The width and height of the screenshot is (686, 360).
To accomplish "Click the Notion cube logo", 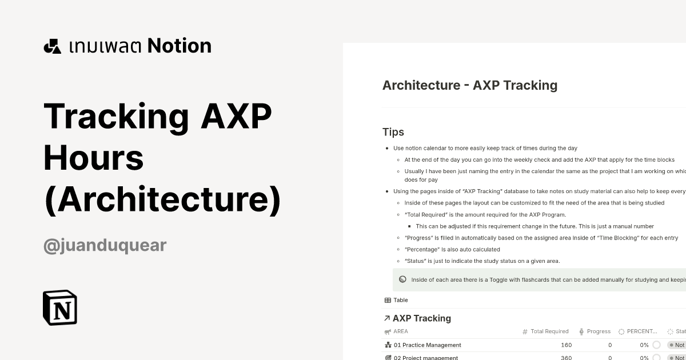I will pos(60,307).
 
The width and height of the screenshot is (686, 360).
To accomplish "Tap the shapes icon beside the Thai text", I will pos(52,46).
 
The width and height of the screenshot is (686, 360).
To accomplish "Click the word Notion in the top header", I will pos(180,46).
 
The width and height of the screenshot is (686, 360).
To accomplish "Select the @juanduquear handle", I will pos(105,245).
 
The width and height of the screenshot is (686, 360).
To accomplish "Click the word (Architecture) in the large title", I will pos(162,199).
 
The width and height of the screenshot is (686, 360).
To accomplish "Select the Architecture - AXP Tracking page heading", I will pos(469,85).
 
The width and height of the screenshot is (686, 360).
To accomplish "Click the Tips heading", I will pos(393,132).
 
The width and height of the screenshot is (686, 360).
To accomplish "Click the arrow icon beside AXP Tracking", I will pos(387,318).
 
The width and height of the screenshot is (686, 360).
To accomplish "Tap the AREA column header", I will pos(401,331).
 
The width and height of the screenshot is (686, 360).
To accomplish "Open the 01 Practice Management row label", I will pos(427,345).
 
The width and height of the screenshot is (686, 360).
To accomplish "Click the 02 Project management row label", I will pos(425,358).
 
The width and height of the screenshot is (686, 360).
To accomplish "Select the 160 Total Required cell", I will pos(566,345).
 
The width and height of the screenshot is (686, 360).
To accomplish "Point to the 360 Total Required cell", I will pos(566,358).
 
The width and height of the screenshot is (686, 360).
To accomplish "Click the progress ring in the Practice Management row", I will pos(656,345).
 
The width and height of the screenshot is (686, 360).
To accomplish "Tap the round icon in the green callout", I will pos(402,280).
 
